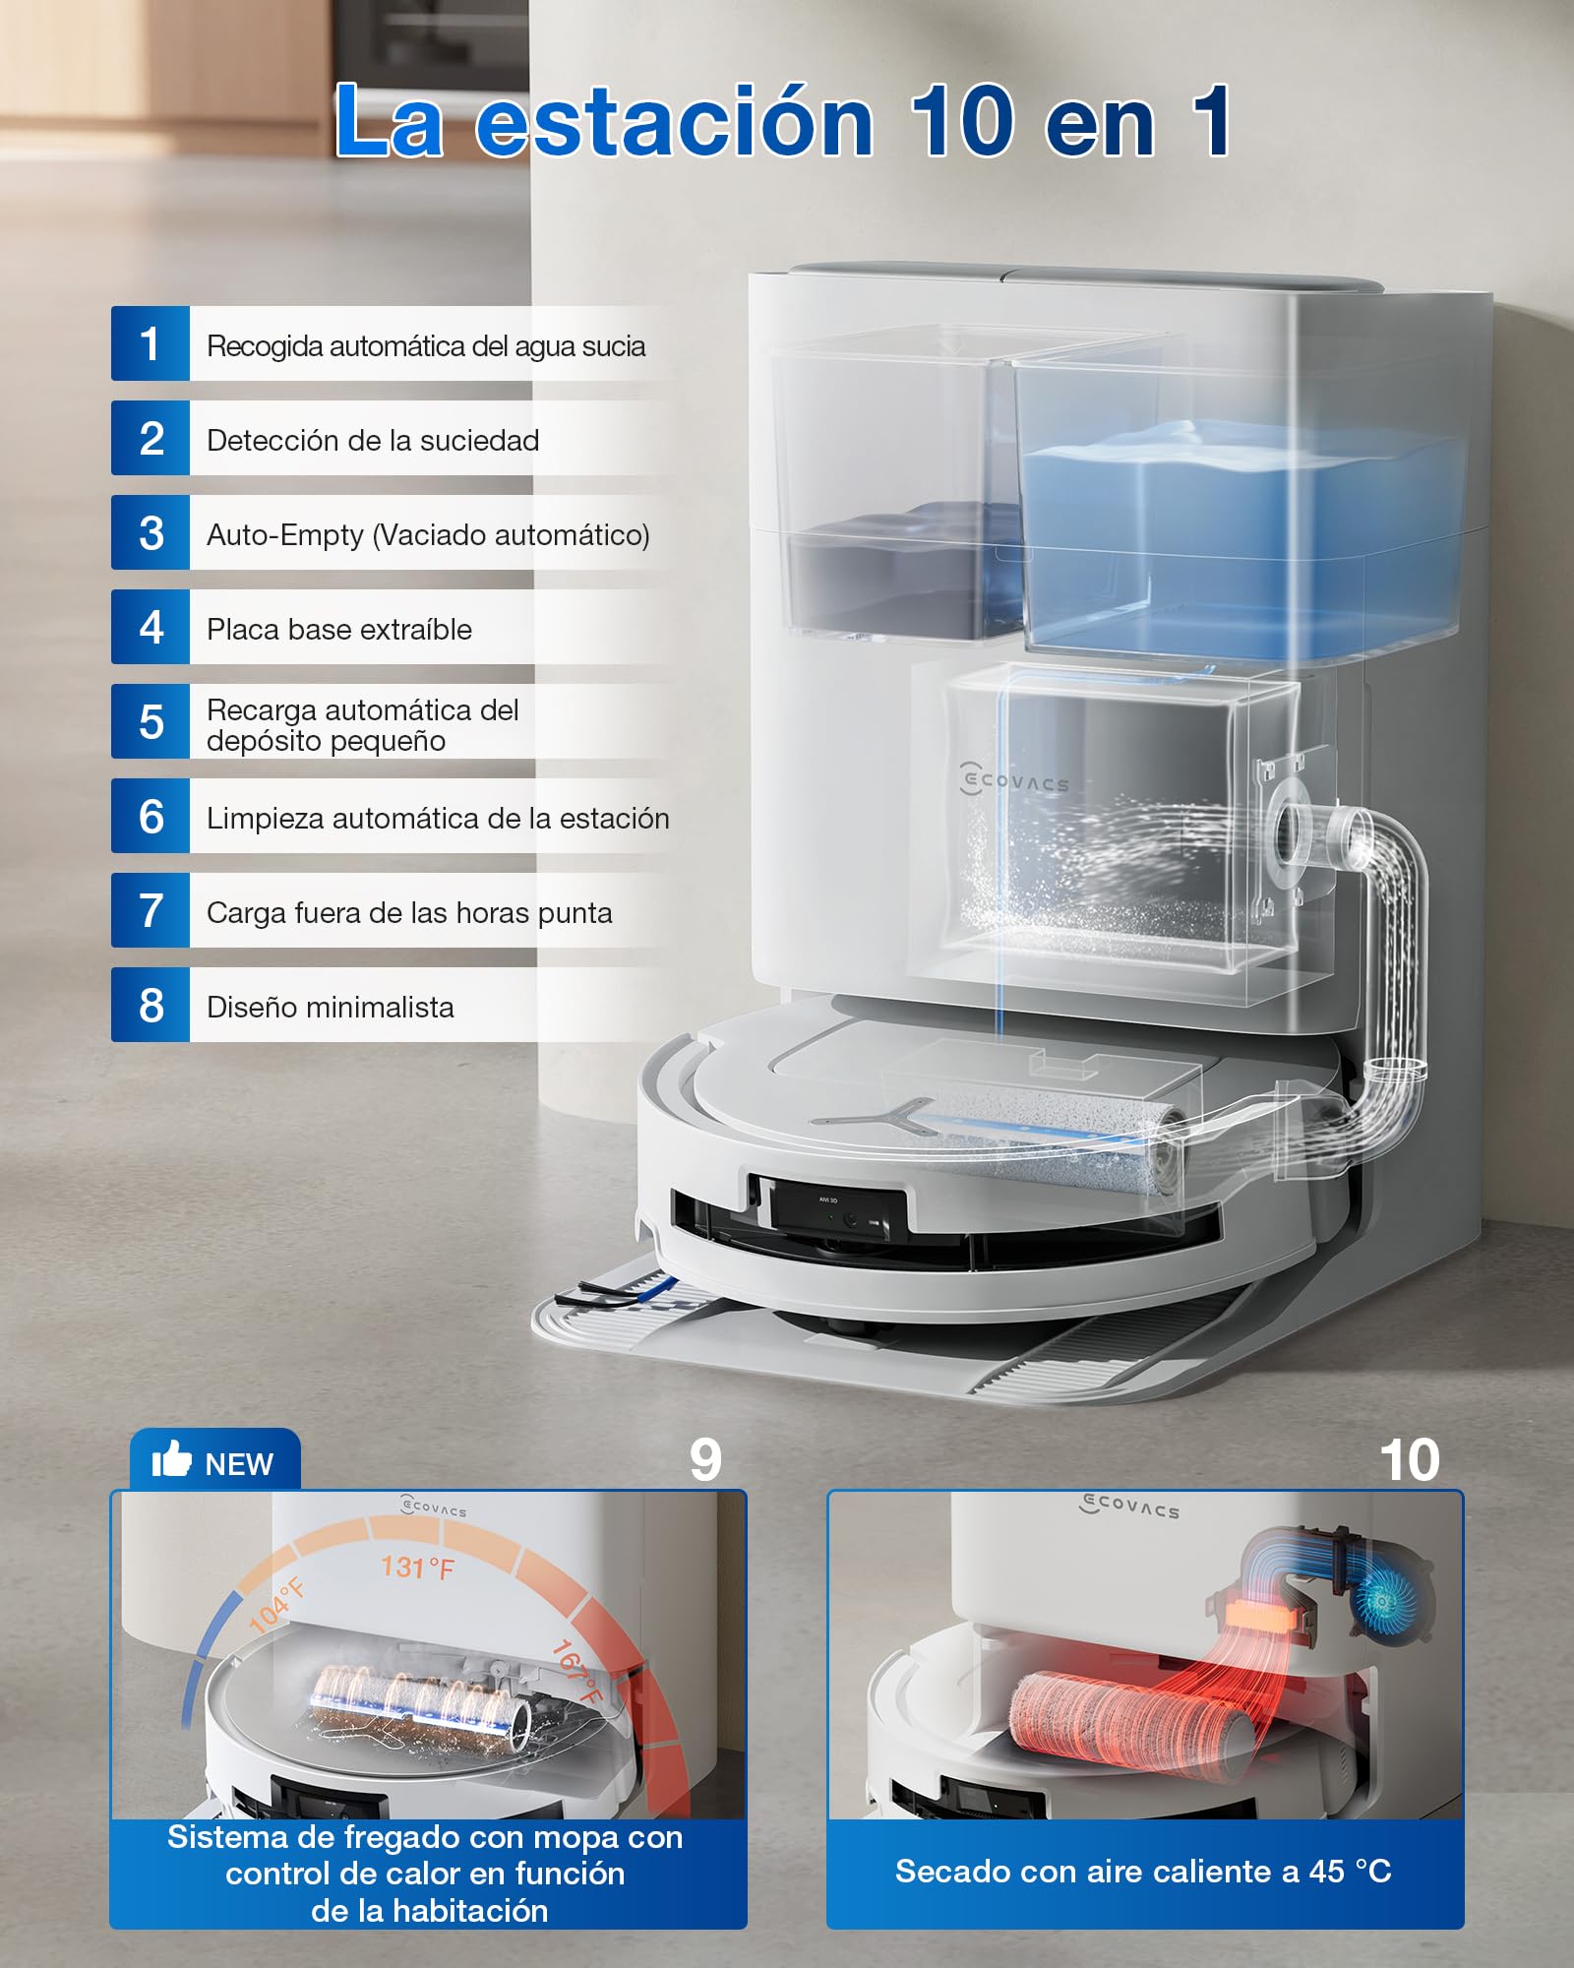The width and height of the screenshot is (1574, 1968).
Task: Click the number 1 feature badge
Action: pyautogui.click(x=151, y=343)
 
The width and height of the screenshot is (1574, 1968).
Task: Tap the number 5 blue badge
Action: pyautogui.click(x=151, y=721)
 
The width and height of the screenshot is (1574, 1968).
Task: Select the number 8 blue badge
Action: pyautogui.click(x=151, y=1005)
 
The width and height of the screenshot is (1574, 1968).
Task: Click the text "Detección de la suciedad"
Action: pyautogui.click(x=373, y=440)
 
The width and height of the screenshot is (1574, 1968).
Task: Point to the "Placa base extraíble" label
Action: pyautogui.click(x=339, y=629)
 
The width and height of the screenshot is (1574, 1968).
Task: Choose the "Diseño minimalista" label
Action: pyautogui.click(x=331, y=1007)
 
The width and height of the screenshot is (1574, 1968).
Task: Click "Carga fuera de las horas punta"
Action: pyautogui.click(x=409, y=913)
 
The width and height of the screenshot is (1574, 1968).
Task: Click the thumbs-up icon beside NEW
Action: pyautogui.click(x=171, y=1459)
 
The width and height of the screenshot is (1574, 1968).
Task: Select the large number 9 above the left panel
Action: pyautogui.click(x=705, y=1460)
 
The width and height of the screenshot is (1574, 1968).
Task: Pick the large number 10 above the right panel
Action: pyautogui.click(x=1410, y=1460)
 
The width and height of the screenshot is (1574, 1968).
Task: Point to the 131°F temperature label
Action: pyautogui.click(x=418, y=1567)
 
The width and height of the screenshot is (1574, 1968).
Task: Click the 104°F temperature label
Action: pyautogui.click(x=276, y=1605)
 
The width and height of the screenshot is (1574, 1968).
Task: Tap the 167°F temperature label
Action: pyautogui.click(x=576, y=1671)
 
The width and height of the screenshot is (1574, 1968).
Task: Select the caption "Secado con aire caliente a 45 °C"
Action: pyautogui.click(x=1143, y=1871)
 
